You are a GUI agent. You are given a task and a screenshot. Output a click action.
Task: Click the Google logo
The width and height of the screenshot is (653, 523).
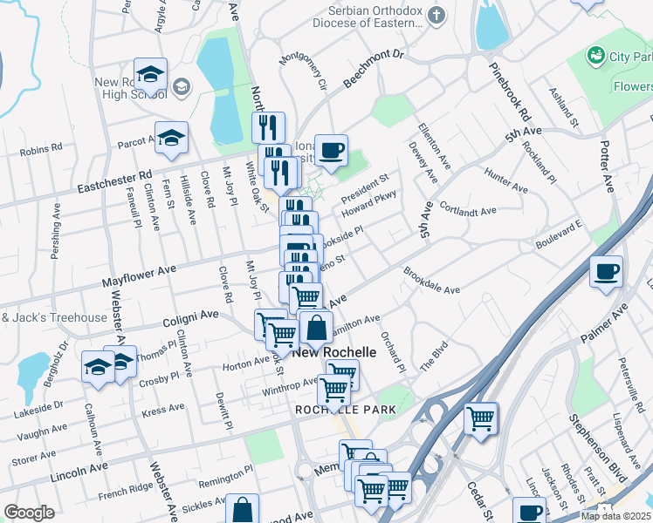pos(29,512)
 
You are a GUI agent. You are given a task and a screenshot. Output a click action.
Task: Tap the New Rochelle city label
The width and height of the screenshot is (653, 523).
pos(334,353)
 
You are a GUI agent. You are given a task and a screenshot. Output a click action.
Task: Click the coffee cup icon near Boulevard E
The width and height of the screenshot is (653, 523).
pos(606,272)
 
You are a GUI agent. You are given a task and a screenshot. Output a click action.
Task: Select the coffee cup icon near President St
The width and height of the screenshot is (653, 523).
pos(331,151)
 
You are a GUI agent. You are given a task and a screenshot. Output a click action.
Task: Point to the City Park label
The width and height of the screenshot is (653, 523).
pos(629,56)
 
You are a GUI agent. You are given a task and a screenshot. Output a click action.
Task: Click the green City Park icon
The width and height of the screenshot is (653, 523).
pos(596,56)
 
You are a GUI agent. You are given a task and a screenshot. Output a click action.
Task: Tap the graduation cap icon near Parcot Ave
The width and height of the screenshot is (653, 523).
pos(171,137)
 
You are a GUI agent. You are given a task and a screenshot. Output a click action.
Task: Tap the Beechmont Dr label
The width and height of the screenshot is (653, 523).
pos(375,67)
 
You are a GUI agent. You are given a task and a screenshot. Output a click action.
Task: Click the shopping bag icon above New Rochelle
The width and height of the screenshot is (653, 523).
pos(316,329)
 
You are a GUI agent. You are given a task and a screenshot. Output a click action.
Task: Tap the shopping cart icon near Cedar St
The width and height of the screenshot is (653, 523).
pos(480,419)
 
